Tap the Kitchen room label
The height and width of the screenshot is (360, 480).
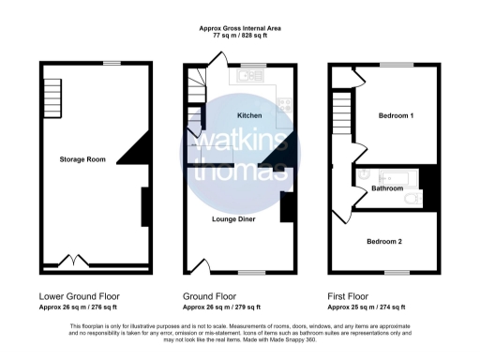coord(249,115)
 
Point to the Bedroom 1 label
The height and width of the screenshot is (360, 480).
coord(396,115)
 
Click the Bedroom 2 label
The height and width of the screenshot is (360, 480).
coord(384,241)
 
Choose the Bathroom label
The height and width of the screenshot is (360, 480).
coord(387,188)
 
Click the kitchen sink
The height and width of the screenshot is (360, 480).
coord(246,78)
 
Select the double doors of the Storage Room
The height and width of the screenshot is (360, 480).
coord(70,261)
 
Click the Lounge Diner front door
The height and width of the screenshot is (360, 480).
coord(199,265)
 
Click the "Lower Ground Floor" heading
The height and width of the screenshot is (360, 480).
coord(75,294)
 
